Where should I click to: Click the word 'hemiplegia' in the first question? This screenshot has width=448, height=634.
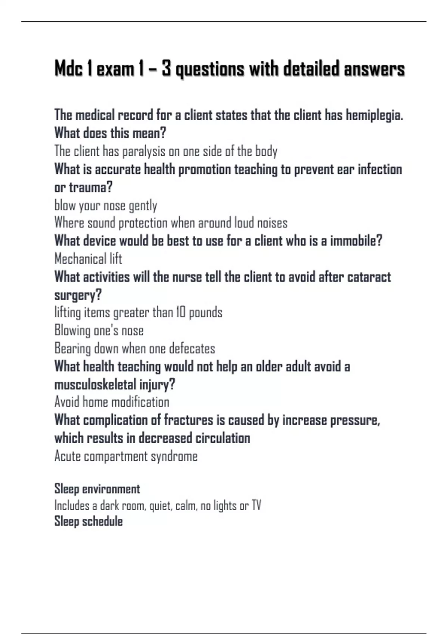[374, 115]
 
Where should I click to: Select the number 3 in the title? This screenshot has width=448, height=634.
[166, 69]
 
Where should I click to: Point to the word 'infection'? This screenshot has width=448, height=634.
[380, 169]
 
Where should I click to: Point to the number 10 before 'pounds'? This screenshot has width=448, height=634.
[181, 313]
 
